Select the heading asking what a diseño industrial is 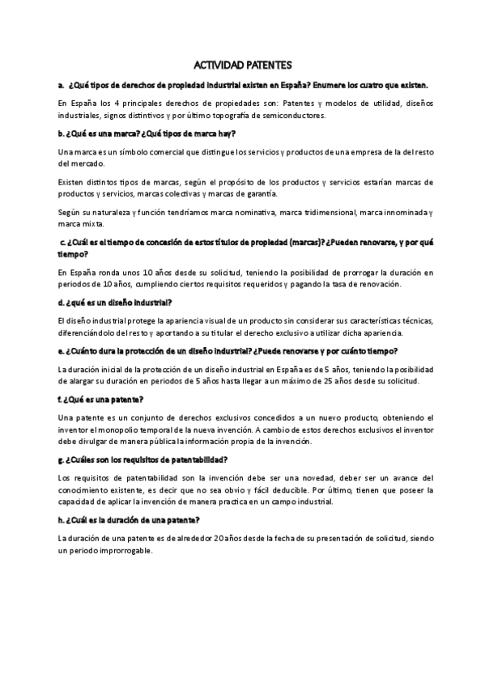pos(113,303)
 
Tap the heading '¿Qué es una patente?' pos(101,400)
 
